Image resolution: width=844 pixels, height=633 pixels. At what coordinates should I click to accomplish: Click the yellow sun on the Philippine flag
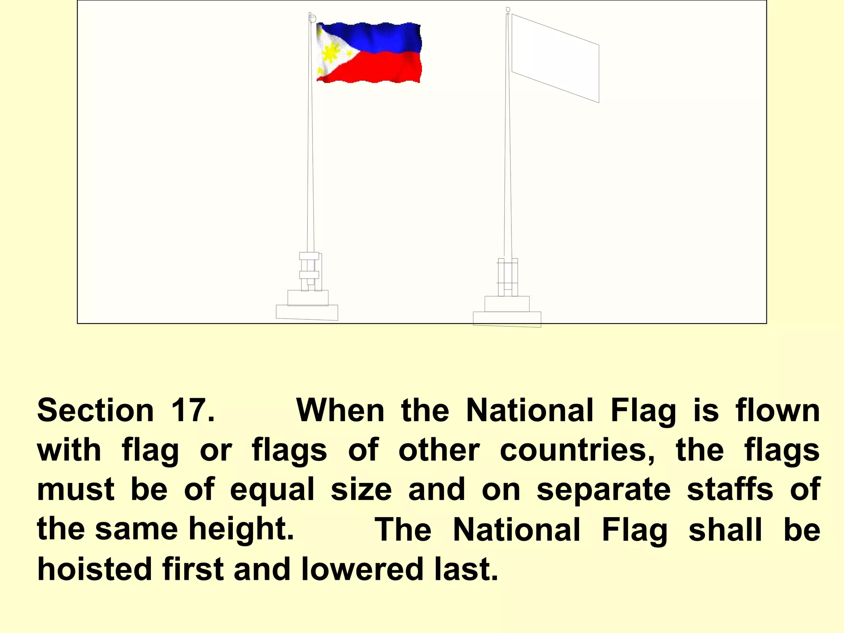(330, 53)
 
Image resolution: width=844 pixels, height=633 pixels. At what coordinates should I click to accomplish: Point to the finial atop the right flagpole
(508, 9)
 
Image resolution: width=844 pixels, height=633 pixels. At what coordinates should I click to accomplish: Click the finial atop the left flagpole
(312, 18)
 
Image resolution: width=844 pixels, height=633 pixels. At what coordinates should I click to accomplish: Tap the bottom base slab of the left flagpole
(307, 312)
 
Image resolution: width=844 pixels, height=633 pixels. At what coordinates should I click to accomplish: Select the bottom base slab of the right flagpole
(507, 319)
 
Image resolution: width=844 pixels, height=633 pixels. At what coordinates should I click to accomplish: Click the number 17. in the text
(192, 410)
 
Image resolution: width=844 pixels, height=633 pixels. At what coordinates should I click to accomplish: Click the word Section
(95, 410)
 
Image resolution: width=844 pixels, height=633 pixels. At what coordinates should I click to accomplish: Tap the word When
(340, 410)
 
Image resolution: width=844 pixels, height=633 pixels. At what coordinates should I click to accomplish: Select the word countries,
(577, 450)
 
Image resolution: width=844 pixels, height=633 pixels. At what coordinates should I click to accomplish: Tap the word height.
(241, 529)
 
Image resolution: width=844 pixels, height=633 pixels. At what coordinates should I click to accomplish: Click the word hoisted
(94, 569)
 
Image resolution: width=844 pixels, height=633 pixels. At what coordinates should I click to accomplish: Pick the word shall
(725, 530)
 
